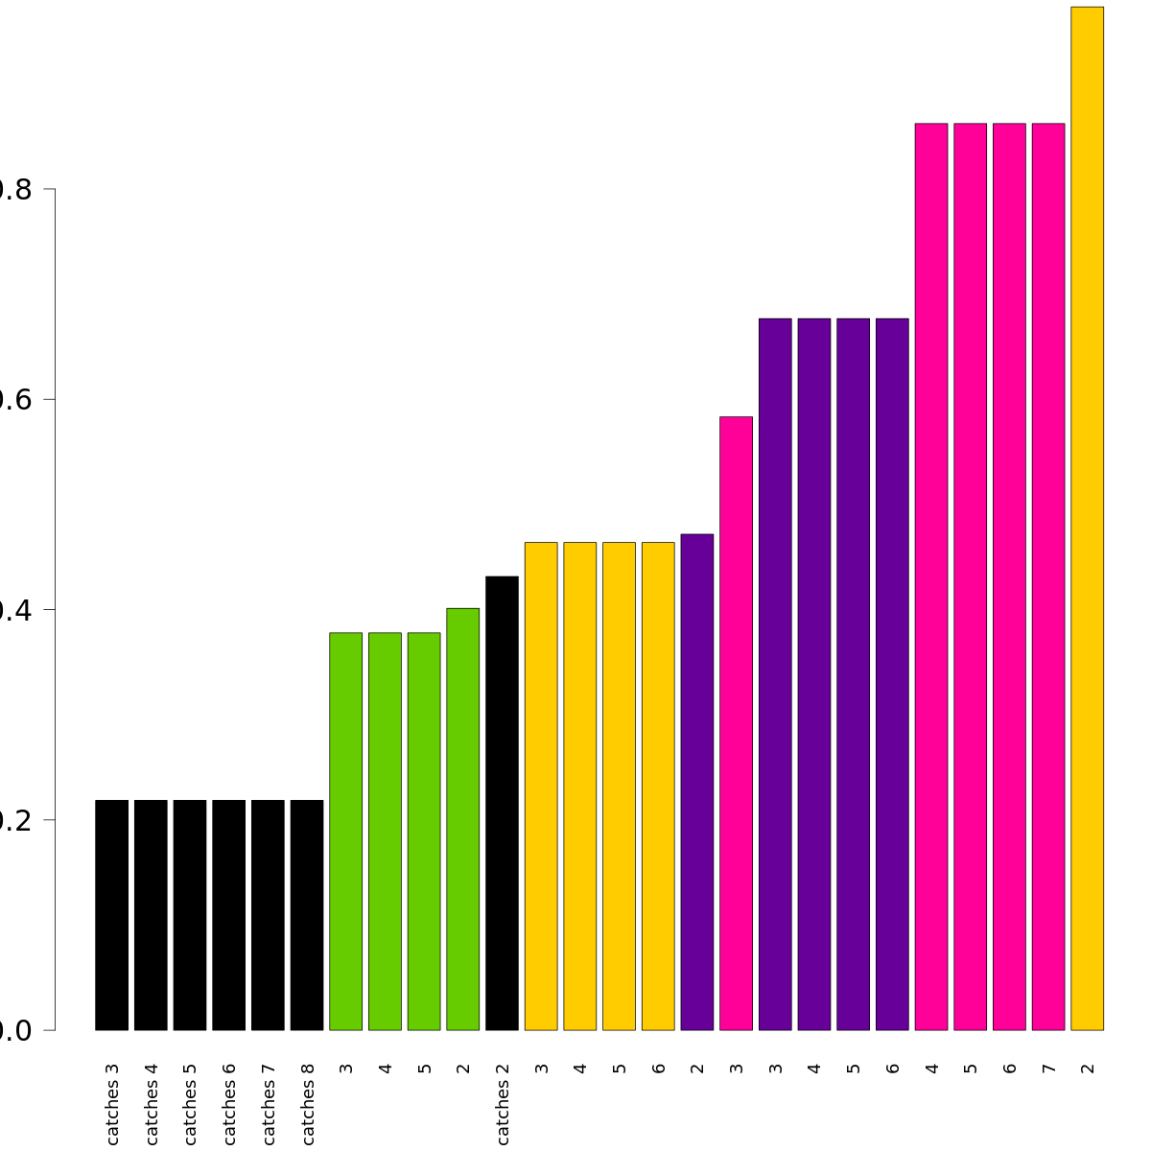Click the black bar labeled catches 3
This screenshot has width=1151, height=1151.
pyautogui.click(x=111, y=915)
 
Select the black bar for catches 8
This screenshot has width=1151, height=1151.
pyautogui.click(x=307, y=915)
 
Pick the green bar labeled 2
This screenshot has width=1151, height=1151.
pyautogui.click(x=462, y=819)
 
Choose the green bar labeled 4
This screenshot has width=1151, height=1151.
pyautogui.click(x=385, y=832)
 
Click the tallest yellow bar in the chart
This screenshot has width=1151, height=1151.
pyautogui.click(x=1087, y=518)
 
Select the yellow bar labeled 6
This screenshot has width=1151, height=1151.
pyautogui.click(x=658, y=787)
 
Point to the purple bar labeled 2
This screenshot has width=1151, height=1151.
pyautogui.click(x=697, y=782)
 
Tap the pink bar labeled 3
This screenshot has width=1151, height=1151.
pyautogui.click(x=736, y=723)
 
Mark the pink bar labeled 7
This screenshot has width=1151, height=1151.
pyautogui.click(x=1048, y=576)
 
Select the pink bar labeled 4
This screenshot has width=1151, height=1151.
pyautogui.click(x=931, y=576)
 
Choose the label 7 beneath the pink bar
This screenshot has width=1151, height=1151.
pyautogui.click(x=1048, y=1068)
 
